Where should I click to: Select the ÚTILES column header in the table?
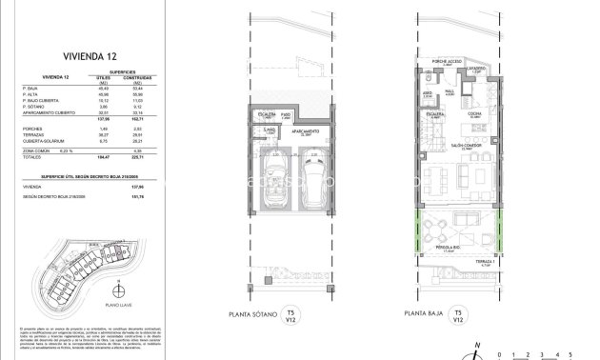(x=104, y=80)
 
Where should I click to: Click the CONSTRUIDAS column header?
(x=142, y=80)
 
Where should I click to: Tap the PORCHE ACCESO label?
(x=448, y=60)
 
